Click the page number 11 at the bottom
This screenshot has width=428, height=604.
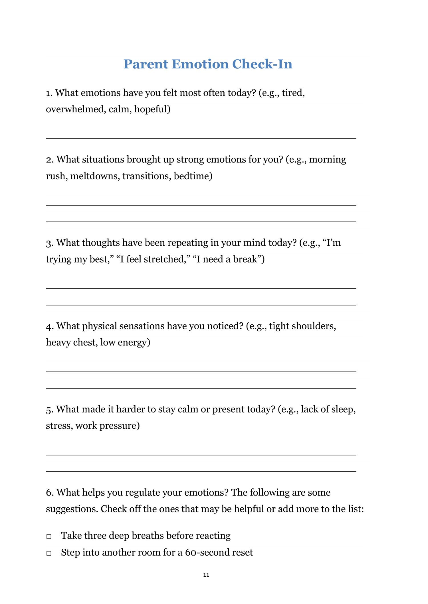coord(206,575)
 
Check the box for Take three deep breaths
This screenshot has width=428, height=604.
coord(49,536)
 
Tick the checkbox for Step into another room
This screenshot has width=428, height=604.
coord(49,553)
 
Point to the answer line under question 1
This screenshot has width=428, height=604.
coord(201,138)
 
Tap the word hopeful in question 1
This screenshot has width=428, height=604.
coord(152,109)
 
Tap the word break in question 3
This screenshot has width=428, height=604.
coord(245,259)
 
